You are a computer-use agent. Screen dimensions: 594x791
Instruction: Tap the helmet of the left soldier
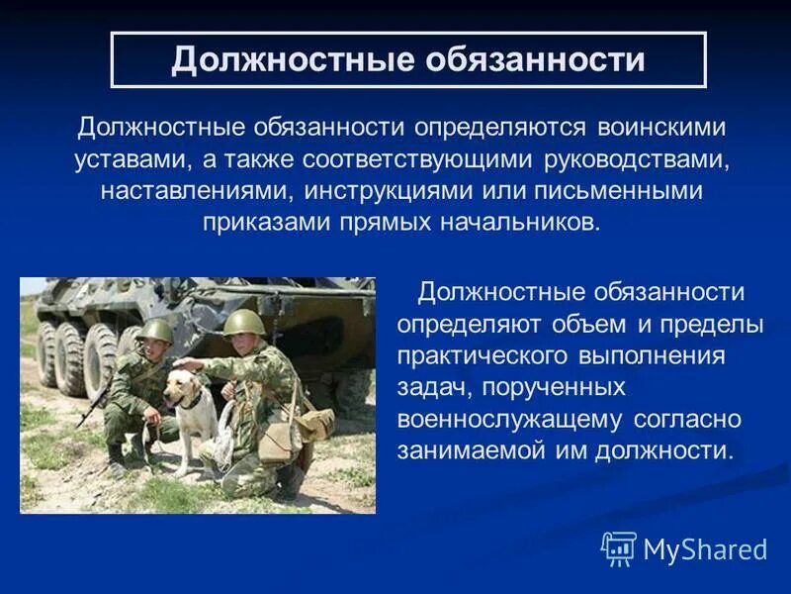tap(156, 331)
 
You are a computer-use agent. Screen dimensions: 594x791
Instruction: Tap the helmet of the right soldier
tap(242, 322)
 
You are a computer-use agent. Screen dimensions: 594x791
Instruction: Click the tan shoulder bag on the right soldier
tap(314, 424)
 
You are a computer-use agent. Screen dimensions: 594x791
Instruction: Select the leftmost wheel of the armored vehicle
tap(46, 352)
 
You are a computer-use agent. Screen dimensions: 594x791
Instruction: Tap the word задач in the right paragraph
tap(429, 387)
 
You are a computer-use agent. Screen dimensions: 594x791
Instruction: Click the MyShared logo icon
tap(618, 547)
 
